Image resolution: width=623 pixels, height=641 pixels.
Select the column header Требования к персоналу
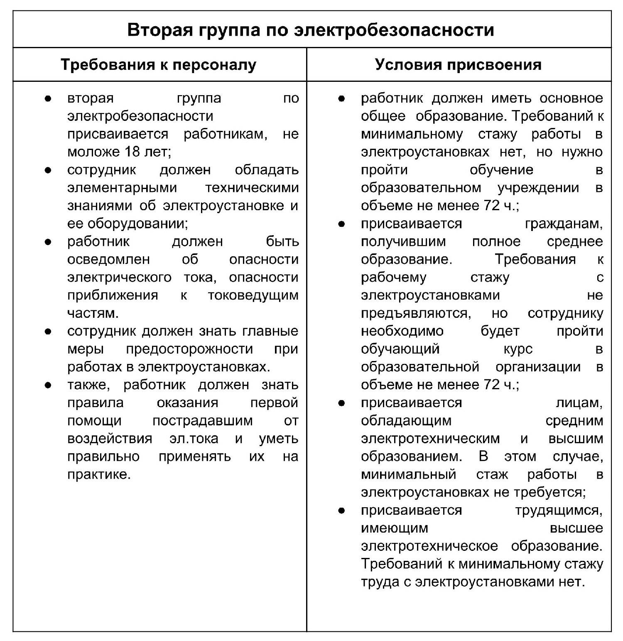click(159, 65)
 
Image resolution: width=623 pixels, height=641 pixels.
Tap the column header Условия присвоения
click(458, 65)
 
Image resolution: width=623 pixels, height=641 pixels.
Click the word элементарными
click(122, 187)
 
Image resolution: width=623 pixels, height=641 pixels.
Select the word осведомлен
click(108, 259)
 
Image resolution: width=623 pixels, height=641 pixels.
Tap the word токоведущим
click(253, 295)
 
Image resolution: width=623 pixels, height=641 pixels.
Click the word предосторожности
click(189, 349)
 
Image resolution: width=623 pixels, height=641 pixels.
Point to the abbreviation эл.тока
click(194, 439)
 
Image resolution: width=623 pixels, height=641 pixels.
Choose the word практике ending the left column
click(99, 474)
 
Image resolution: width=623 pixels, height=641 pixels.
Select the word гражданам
click(564, 223)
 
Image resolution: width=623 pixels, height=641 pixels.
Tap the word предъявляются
click(416, 313)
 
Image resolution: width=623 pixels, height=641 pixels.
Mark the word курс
click(518, 349)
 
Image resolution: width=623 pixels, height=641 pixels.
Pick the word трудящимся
click(559, 510)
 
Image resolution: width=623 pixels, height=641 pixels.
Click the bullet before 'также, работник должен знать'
click(48, 385)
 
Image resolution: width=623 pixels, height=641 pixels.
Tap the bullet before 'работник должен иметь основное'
click(341, 98)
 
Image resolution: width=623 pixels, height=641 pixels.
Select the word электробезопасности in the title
click(394, 30)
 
